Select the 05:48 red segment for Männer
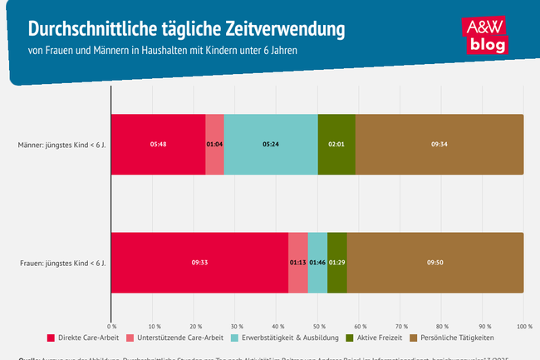(x=158, y=144)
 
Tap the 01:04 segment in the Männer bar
(x=214, y=144)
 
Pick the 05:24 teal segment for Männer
(x=271, y=144)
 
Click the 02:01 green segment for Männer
(x=336, y=144)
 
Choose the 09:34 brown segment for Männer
(x=439, y=144)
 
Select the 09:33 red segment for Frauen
(x=199, y=263)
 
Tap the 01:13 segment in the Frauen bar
(x=298, y=263)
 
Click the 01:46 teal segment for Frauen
(x=317, y=263)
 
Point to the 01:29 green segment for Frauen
(x=337, y=263)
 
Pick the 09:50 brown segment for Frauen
(x=435, y=263)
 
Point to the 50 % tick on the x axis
(x=318, y=326)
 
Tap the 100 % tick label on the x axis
(x=523, y=326)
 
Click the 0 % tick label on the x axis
(x=111, y=326)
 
